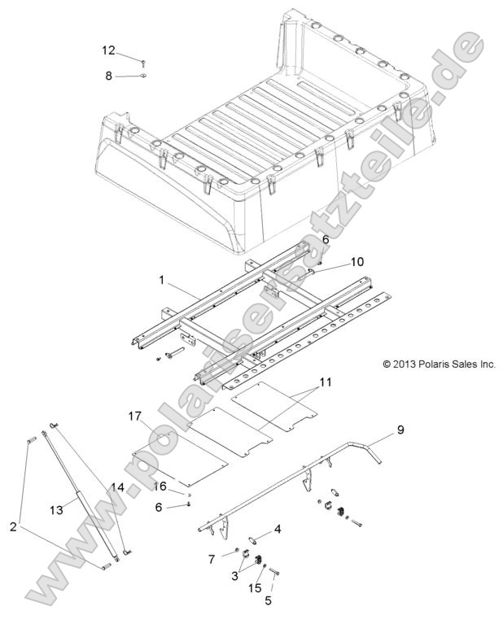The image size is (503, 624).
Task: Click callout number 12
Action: [x=107, y=50]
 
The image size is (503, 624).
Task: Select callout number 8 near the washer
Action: [x=107, y=76]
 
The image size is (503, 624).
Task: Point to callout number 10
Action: [x=335, y=262]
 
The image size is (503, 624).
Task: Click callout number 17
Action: [x=134, y=417]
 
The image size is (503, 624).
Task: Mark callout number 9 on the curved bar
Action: [x=400, y=429]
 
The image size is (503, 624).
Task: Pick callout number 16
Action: [x=161, y=486]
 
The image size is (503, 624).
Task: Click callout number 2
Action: [x=12, y=526]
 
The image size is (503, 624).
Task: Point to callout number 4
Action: [x=278, y=530]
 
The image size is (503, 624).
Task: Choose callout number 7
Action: [x=211, y=559]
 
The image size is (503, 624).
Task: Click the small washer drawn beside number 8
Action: [x=142, y=76]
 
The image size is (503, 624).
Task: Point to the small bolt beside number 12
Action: [x=143, y=62]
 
